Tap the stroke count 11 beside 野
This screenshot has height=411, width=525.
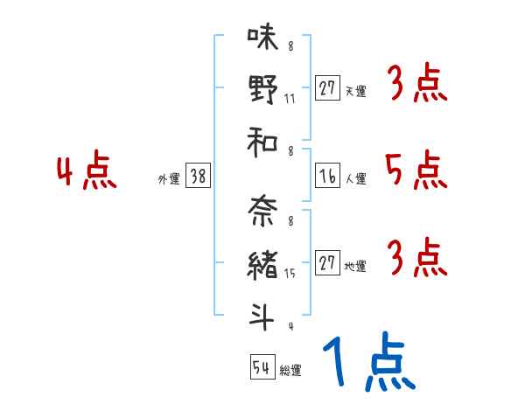coord(290,98)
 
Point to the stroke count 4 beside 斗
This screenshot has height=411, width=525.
coord(290,327)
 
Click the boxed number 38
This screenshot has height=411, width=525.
coord(198,177)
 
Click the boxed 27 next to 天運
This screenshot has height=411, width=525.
coord(328,87)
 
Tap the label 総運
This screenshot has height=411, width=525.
coord(290,370)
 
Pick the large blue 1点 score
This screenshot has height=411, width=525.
coord(367,363)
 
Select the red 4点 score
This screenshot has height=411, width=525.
coord(86,171)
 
